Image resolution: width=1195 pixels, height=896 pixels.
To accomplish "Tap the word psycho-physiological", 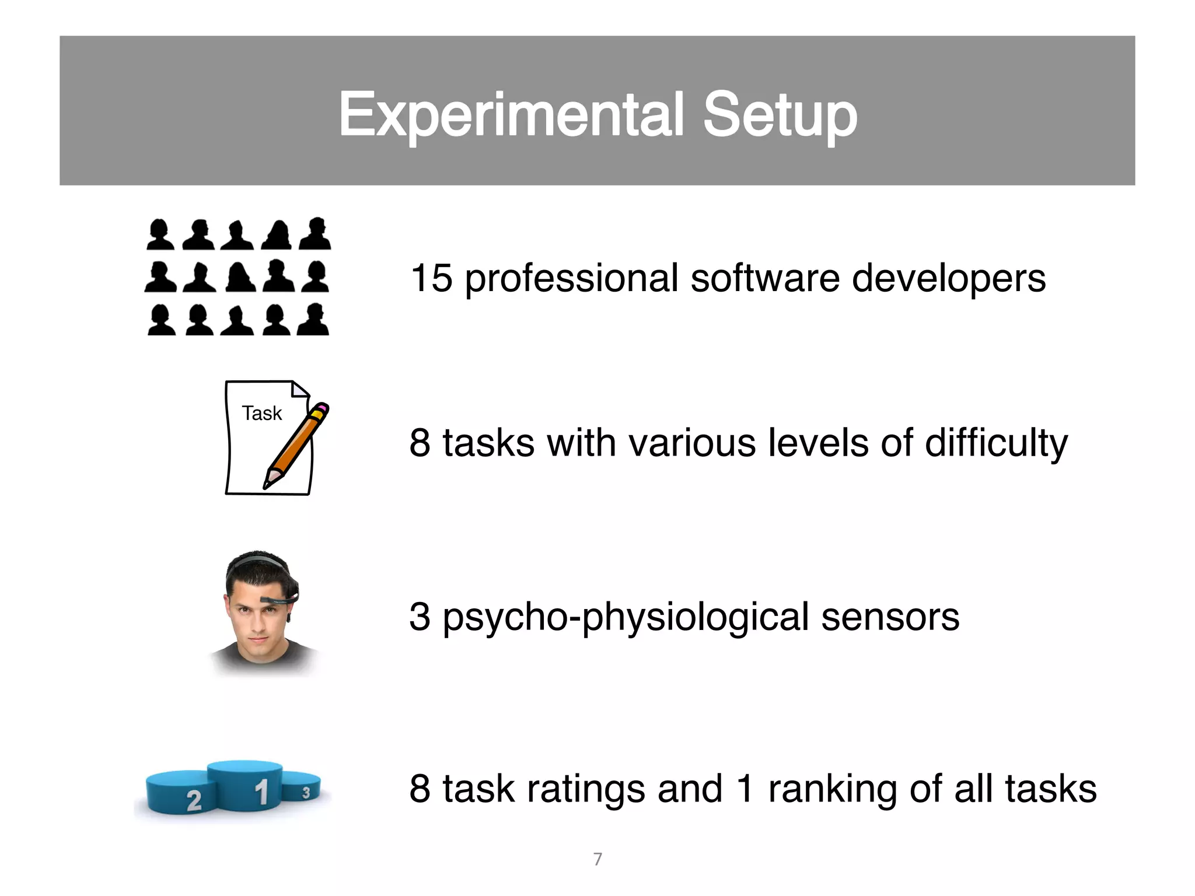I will click(626, 618).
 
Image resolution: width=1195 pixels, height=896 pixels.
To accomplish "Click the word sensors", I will click(890, 617).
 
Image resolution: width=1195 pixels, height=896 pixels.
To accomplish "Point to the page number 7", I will click(597, 859).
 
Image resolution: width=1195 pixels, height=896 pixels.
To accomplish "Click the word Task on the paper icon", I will click(262, 413).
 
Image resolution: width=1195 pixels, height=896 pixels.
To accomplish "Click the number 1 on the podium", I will click(261, 792).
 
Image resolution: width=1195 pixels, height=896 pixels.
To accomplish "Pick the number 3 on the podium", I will click(306, 793).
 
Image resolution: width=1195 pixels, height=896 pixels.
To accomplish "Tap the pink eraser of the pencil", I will click(322, 407).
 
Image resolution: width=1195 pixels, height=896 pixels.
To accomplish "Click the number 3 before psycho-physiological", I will click(420, 617).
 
